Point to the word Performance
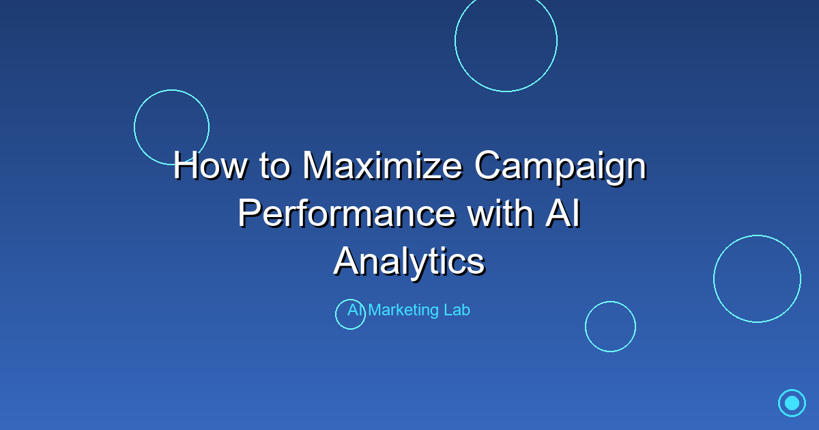pyautogui.click(x=347, y=213)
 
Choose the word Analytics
pyautogui.click(x=409, y=261)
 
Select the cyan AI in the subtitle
pyautogui.click(x=356, y=310)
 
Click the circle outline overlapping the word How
pyautogui.click(x=171, y=127)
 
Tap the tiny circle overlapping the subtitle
pyautogui.click(x=350, y=315)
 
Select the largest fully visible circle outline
pyautogui.click(x=757, y=278)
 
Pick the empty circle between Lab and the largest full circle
pyautogui.click(x=610, y=326)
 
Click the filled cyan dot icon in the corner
pyautogui.click(x=792, y=403)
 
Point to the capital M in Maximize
pyautogui.click(x=319, y=165)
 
